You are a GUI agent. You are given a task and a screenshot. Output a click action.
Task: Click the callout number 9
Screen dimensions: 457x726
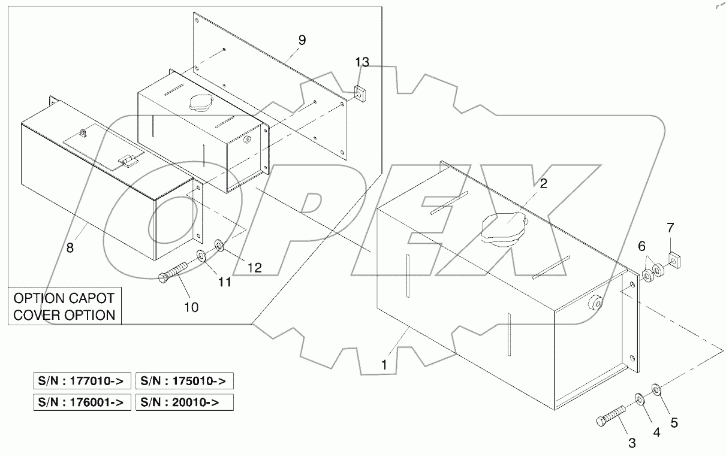(302, 40)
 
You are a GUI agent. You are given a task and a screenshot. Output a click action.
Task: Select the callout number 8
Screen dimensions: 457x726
(70, 247)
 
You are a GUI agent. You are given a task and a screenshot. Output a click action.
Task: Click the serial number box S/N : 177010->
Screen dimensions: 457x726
(81, 381)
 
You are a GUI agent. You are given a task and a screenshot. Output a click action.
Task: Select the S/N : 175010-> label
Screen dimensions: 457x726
(185, 381)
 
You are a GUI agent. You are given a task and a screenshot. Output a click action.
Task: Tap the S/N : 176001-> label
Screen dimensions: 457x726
(81, 402)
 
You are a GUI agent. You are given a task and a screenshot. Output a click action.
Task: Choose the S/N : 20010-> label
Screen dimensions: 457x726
(185, 402)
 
